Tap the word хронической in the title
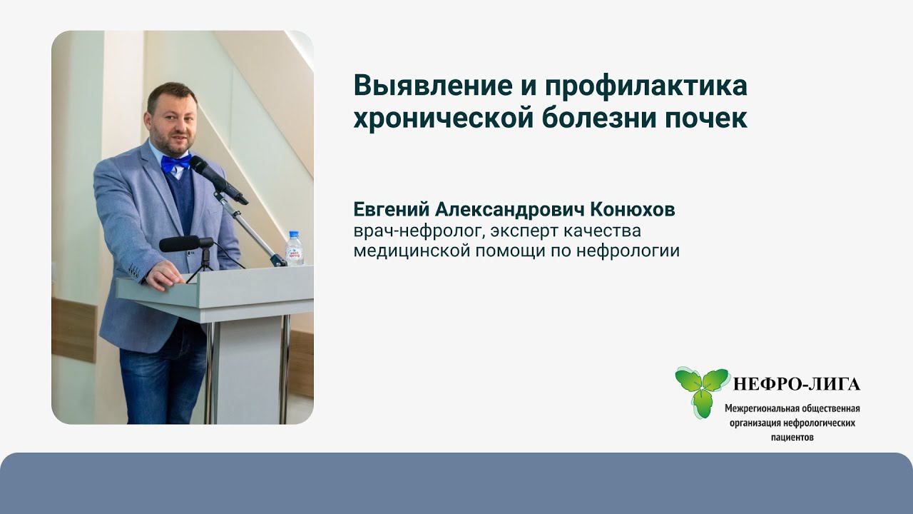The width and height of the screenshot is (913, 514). tap(439, 119)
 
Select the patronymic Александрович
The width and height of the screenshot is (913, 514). tap(503, 210)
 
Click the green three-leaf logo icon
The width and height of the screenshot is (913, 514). tap(702, 390)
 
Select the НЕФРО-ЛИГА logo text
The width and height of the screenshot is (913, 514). tap(797, 385)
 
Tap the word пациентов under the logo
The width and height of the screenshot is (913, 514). tap(792, 437)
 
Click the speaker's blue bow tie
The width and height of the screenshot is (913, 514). tap(175, 163)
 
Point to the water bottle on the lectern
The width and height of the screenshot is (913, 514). tap(294, 248)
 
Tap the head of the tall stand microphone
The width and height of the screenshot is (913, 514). tap(208, 173)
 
